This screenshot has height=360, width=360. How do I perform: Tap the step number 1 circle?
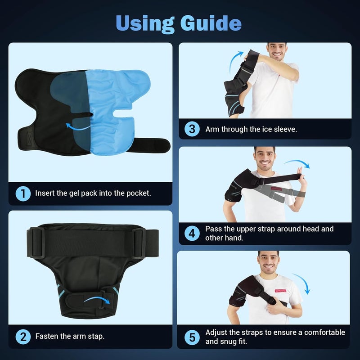coord(23,194)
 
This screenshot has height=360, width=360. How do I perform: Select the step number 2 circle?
coord(23,336)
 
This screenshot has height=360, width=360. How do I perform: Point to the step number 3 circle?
coord(192,129)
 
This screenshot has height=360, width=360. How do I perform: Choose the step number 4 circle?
coord(192,233)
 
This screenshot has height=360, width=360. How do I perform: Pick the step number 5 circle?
coord(192,337)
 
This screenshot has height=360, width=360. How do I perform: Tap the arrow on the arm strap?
coord(97,299)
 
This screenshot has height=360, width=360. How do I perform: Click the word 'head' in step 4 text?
coord(312,229)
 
